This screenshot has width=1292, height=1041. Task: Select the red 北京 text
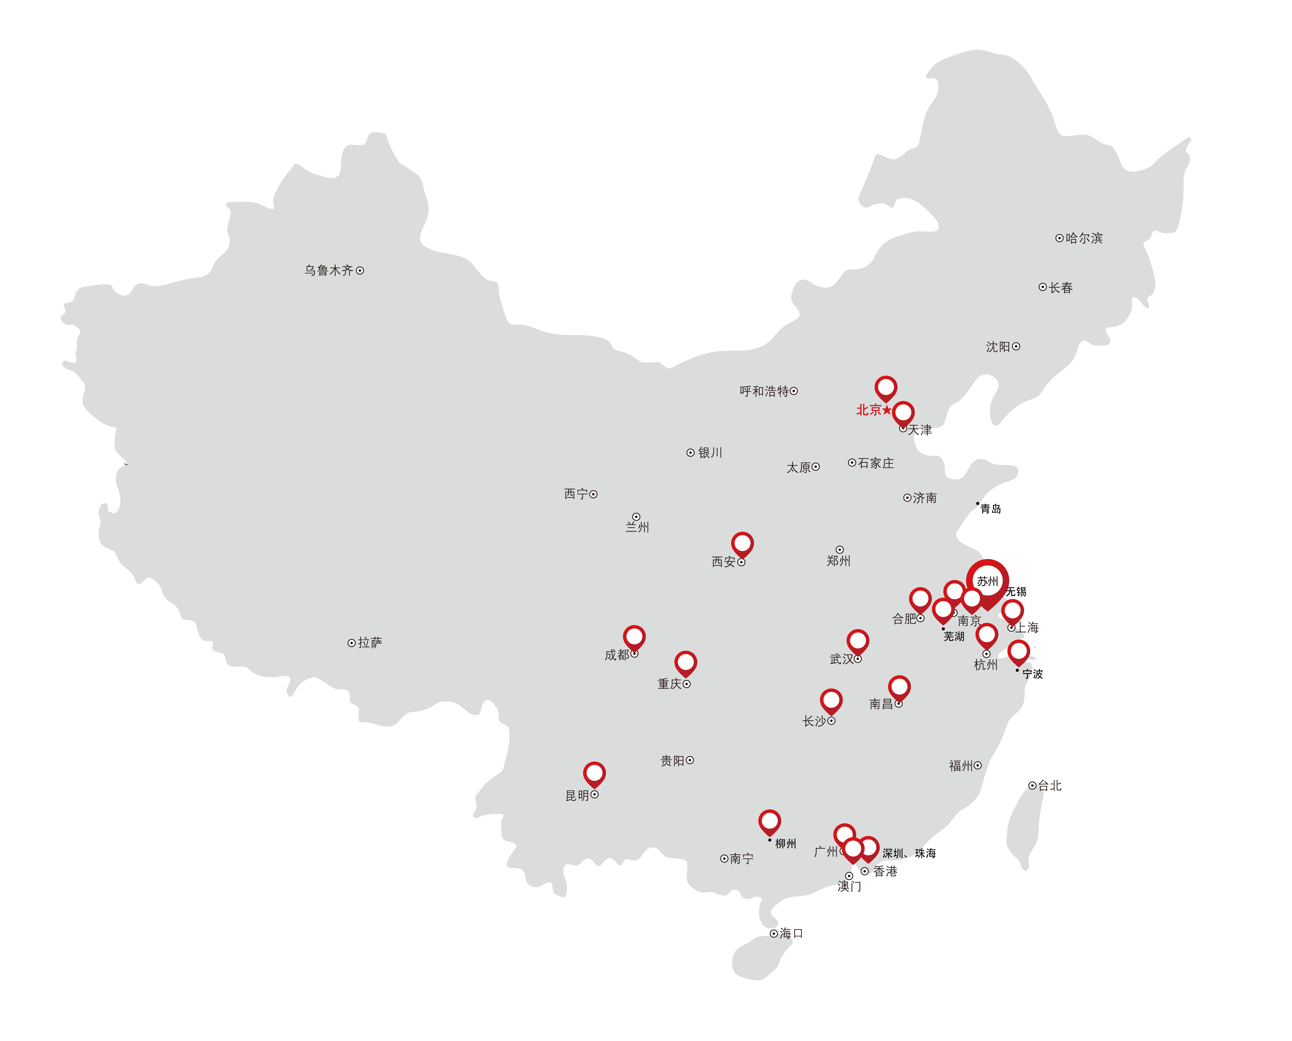pos(868,410)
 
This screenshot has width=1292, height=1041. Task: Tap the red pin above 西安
pos(742,544)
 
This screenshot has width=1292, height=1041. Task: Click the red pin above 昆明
pos(594,774)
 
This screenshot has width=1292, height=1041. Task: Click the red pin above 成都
pos(634,637)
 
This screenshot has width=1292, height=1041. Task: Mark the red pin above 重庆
pos(685,663)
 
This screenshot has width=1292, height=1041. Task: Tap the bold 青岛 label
pos(990,509)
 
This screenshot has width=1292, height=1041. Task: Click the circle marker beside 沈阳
pos(1016,347)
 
